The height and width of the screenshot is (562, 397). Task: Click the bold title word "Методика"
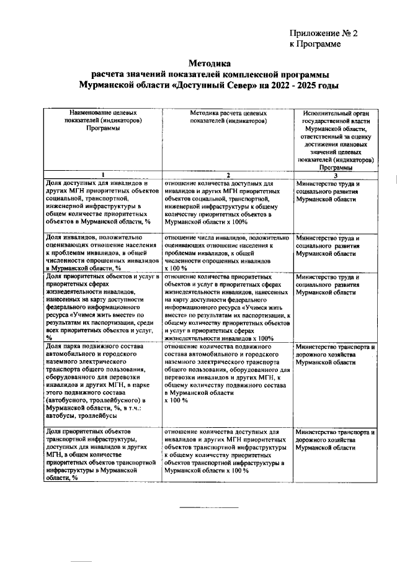[x=209, y=63]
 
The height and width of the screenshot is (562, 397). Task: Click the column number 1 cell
[x=103, y=174]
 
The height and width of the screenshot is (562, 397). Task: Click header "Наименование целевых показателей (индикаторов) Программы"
[x=103, y=121]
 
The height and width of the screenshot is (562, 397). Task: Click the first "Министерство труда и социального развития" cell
[x=329, y=193]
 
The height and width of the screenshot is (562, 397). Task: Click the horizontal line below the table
[x=208, y=508]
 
